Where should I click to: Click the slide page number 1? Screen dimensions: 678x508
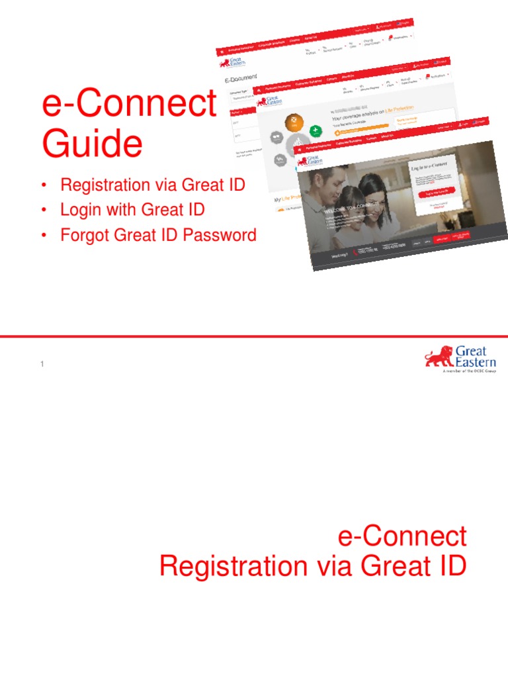(42, 364)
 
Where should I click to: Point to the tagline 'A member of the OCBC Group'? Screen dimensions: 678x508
(468, 372)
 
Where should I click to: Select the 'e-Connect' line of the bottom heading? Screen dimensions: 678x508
(402, 536)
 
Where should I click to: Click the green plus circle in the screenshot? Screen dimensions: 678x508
(316, 130)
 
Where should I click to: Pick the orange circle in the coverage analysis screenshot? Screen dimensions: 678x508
(294, 123)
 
